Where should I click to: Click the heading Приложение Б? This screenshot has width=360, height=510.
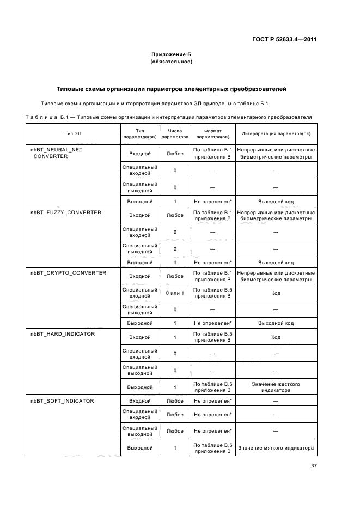[x=171, y=54]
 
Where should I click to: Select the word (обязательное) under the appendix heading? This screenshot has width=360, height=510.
[x=171, y=62]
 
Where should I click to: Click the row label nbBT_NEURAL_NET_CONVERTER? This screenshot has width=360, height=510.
[x=56, y=153]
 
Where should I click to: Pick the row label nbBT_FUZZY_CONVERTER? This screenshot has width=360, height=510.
[x=66, y=212]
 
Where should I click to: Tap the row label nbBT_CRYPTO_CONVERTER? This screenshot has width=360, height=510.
[x=68, y=272]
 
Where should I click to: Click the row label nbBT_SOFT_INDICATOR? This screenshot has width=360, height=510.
[x=62, y=400]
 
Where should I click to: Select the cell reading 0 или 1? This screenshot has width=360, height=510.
[x=175, y=293]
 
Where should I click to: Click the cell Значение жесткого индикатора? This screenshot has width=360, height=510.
[x=276, y=387]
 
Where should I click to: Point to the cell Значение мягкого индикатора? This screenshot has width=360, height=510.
[x=276, y=448]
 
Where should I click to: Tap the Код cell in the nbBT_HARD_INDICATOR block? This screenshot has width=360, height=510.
[x=276, y=337]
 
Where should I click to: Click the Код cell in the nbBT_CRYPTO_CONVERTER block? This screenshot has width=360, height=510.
[x=276, y=293]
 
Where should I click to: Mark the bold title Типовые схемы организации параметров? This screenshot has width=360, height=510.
[x=172, y=89]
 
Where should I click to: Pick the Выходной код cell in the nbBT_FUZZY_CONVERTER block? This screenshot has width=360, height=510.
[x=276, y=262]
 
